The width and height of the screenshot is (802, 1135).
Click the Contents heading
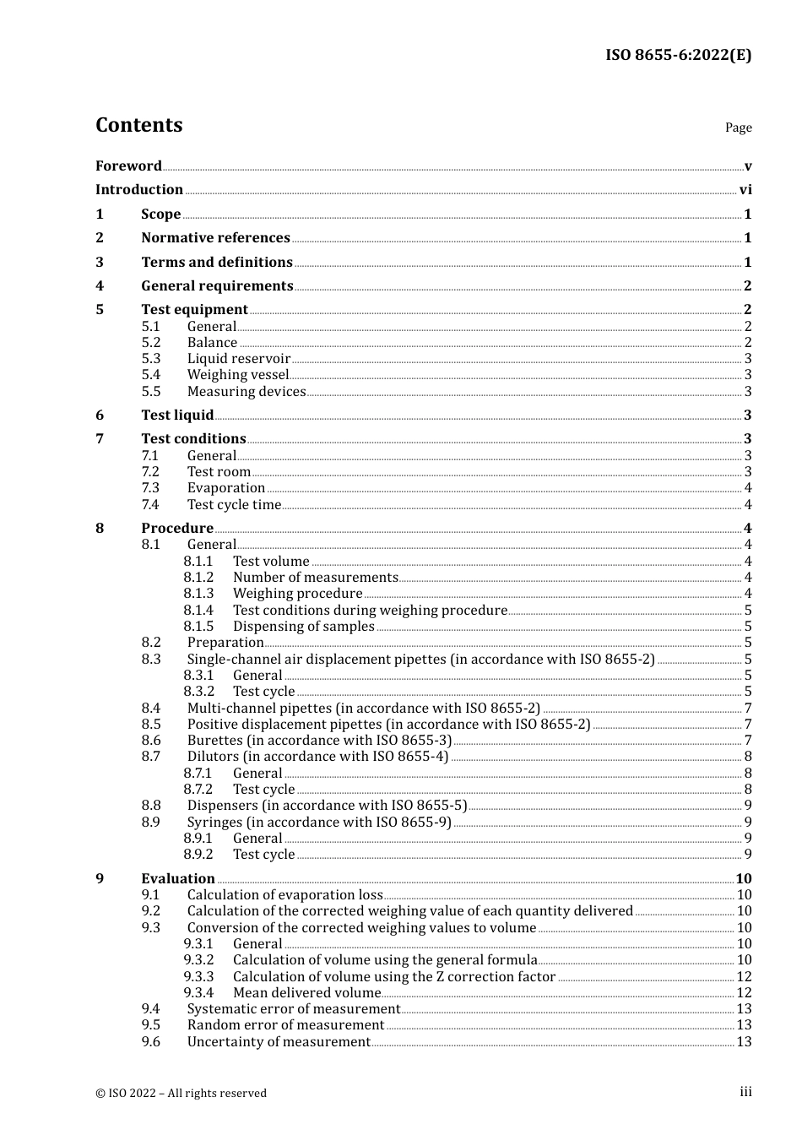[x=138, y=125]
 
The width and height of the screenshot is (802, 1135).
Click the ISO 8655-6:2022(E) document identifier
[x=678, y=55]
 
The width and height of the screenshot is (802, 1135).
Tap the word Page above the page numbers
[x=738, y=128]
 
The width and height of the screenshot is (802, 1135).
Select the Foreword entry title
[x=128, y=166]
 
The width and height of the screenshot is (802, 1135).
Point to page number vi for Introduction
[x=745, y=190]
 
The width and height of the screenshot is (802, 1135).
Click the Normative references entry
[x=215, y=238]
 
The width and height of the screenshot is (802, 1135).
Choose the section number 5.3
[x=150, y=359]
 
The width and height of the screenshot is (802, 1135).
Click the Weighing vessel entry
[x=237, y=375]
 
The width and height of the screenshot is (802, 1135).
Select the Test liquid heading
[x=177, y=415]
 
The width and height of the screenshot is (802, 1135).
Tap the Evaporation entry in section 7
[x=225, y=488]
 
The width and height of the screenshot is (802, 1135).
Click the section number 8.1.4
[x=198, y=611]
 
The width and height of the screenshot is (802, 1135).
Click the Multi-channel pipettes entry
[x=363, y=709]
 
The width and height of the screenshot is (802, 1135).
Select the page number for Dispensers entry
[x=748, y=806]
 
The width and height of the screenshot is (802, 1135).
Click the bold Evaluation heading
[x=177, y=878]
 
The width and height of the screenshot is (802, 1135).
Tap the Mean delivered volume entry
[x=306, y=993]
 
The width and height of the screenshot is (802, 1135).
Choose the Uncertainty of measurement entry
[x=279, y=1042]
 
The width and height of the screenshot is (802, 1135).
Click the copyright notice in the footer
[x=181, y=1093]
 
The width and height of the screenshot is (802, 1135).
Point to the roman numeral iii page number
[x=745, y=1092]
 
